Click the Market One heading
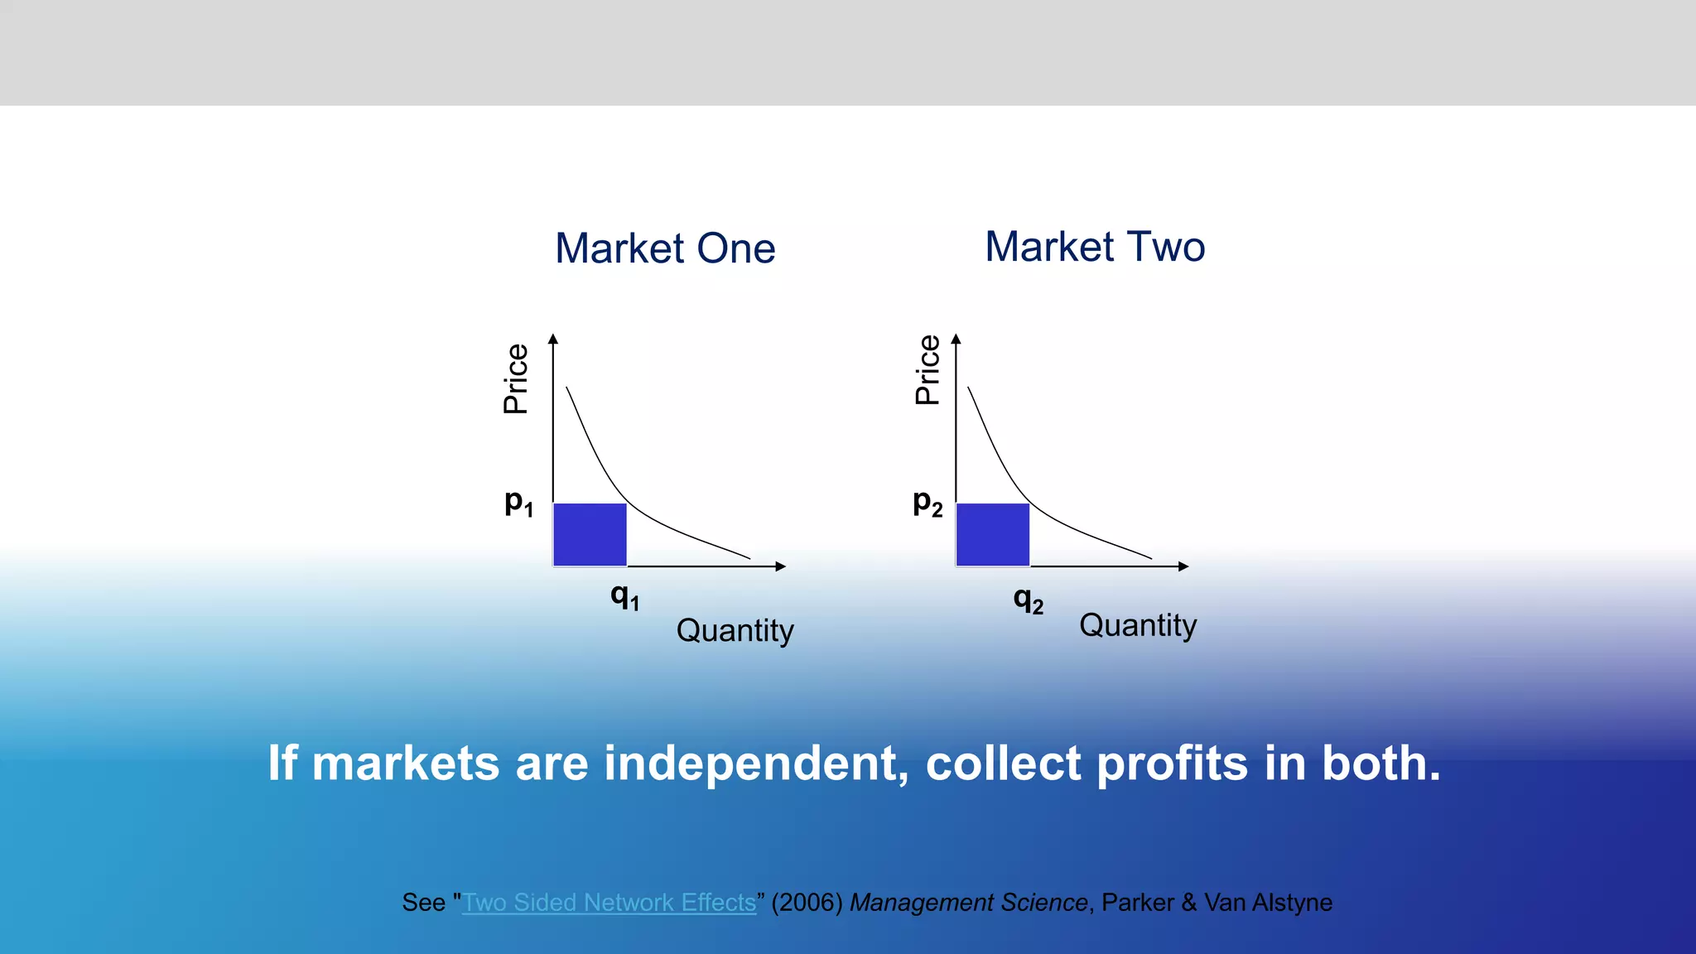pos(665,248)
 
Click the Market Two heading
pos(1095,247)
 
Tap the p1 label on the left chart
pos(518,503)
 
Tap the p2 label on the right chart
pos(927,503)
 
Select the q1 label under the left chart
pos(624,595)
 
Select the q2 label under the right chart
pos(1028,599)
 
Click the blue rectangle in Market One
pos(590,535)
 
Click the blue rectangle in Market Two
pos(992,535)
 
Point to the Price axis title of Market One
pos(516,379)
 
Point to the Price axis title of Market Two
pos(927,370)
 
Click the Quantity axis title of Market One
pos(735,630)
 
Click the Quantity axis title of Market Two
pos(1137,625)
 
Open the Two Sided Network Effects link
pos(609,902)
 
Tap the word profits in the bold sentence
pos(1172,763)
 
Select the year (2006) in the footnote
pos(807,902)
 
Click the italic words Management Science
pos(968,902)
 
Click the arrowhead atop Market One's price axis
pos(553,338)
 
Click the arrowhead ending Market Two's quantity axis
pos(1184,566)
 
